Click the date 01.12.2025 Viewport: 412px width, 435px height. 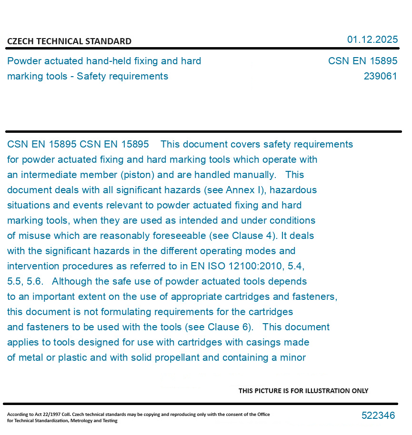tap(372, 40)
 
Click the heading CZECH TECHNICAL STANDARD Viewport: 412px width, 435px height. tap(69, 41)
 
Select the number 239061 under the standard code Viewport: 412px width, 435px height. tap(380, 76)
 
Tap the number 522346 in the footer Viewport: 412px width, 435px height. tap(378, 415)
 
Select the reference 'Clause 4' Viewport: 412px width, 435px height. tap(250, 236)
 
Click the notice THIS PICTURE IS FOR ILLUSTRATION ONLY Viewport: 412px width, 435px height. tap(303, 391)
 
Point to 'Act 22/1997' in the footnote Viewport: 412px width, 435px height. tap(45, 414)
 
